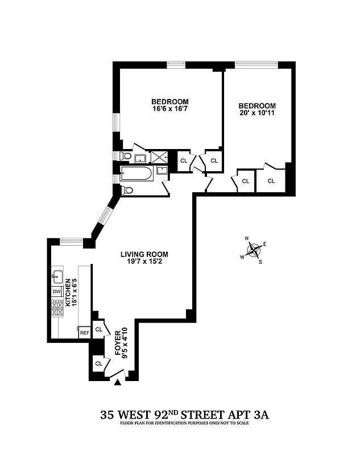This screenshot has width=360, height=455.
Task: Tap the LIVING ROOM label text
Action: pyautogui.click(x=144, y=254)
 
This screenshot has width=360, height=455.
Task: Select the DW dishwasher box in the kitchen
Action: pyautogui.click(x=56, y=291)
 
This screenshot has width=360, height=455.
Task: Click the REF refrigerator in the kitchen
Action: pyautogui.click(x=84, y=333)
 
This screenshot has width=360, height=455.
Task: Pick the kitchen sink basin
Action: pyautogui.click(x=57, y=278)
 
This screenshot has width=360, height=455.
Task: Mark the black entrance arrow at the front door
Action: pyautogui.click(x=118, y=383)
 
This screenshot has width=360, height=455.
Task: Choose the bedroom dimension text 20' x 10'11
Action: pyautogui.click(x=257, y=113)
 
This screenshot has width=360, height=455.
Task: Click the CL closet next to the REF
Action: pyautogui.click(x=99, y=329)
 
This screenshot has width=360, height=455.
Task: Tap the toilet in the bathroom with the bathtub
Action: pyautogui.click(x=128, y=191)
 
